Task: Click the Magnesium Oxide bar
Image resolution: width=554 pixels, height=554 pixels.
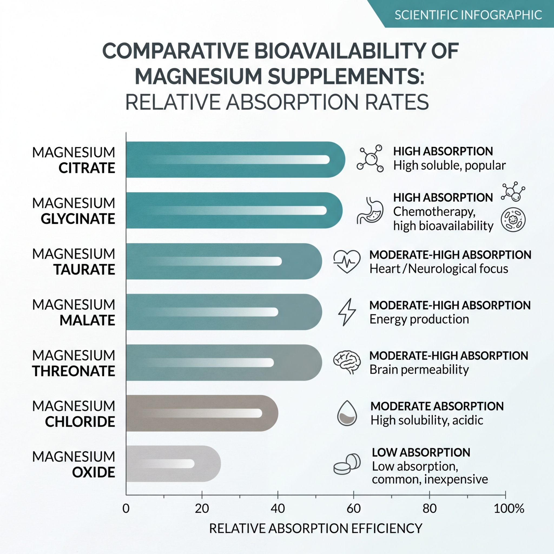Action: [x=172, y=464]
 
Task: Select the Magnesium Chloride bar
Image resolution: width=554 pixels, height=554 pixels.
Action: [x=201, y=413]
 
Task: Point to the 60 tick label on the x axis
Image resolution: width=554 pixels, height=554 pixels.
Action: [x=353, y=508]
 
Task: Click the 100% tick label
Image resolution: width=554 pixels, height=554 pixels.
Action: [x=509, y=508]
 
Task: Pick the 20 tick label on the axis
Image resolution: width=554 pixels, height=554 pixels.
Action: [x=202, y=508]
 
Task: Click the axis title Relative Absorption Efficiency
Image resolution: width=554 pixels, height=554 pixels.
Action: [x=316, y=528]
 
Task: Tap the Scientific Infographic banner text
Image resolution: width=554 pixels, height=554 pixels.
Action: [x=468, y=15]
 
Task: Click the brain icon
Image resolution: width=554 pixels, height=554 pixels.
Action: [x=347, y=362]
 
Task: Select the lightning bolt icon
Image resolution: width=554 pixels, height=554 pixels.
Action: [x=347, y=312]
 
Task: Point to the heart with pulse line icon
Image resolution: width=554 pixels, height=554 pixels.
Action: [x=347, y=261]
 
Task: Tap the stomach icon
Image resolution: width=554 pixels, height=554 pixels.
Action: [x=370, y=211]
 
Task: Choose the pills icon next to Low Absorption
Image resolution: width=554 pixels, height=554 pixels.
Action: [x=347, y=464]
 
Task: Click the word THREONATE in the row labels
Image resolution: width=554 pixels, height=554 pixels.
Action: [x=73, y=371]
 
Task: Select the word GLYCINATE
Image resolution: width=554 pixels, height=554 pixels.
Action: [x=78, y=219]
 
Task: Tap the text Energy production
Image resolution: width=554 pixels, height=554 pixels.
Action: [x=419, y=319]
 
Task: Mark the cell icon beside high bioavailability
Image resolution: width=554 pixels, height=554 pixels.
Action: [x=513, y=220]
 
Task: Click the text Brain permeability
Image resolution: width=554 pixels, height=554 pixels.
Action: [x=419, y=370]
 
